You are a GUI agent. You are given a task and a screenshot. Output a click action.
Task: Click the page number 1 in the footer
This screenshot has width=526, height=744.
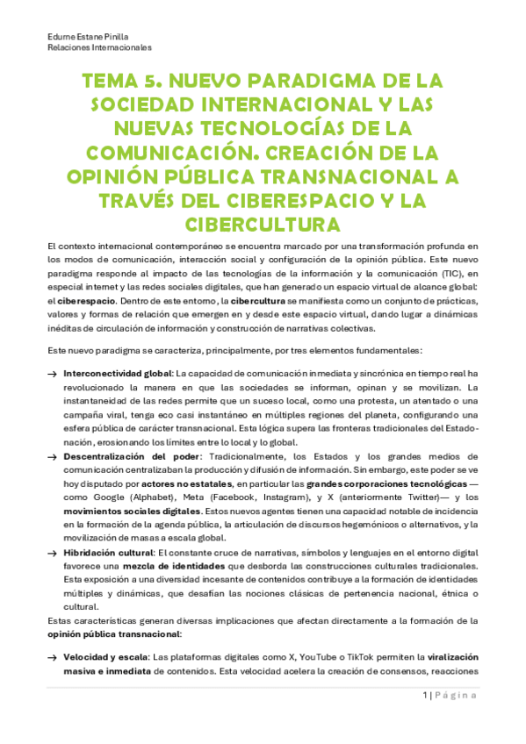[x=423, y=719]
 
